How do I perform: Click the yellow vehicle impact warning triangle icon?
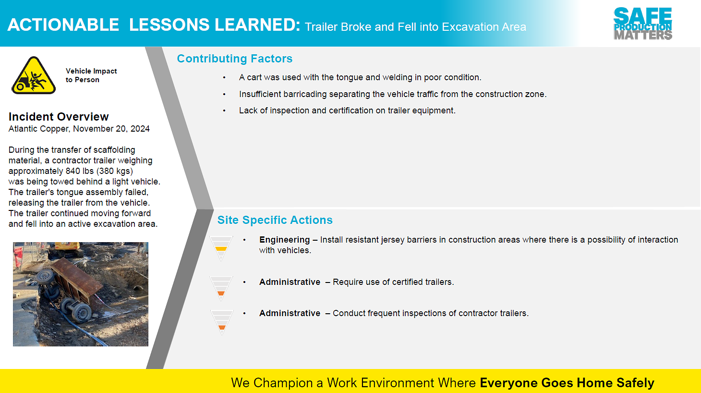click(x=34, y=76)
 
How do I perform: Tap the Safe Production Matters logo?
click(x=643, y=24)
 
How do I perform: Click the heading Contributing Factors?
click(x=234, y=59)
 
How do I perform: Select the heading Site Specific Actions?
click(x=275, y=220)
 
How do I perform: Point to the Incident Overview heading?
click(x=59, y=116)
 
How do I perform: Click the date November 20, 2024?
click(x=111, y=129)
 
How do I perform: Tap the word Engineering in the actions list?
click(x=284, y=240)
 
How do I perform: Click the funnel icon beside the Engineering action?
click(x=221, y=248)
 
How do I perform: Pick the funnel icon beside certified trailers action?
click(x=221, y=288)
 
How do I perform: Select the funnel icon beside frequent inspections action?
click(x=221, y=322)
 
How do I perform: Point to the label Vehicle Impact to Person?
click(x=91, y=75)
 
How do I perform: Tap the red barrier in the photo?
click(x=18, y=255)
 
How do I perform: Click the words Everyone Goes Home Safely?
click(x=567, y=382)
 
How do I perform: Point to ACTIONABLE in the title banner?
click(x=63, y=25)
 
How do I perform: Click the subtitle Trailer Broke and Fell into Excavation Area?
click(x=415, y=27)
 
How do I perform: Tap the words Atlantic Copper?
click(x=38, y=129)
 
